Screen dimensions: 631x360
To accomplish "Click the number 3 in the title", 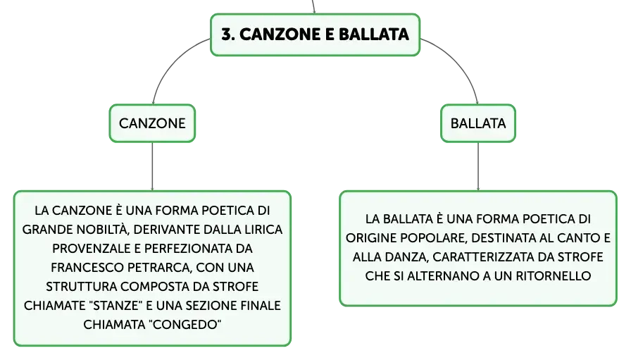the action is (227, 35).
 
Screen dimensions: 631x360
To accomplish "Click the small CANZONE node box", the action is (152, 123).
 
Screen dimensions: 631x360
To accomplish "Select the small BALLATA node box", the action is (478, 123).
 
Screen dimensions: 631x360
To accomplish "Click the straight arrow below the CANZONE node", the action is (152, 166).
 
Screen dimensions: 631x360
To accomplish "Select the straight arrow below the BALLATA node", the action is (478, 166).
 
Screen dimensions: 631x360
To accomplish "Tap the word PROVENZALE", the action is (92, 249).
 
